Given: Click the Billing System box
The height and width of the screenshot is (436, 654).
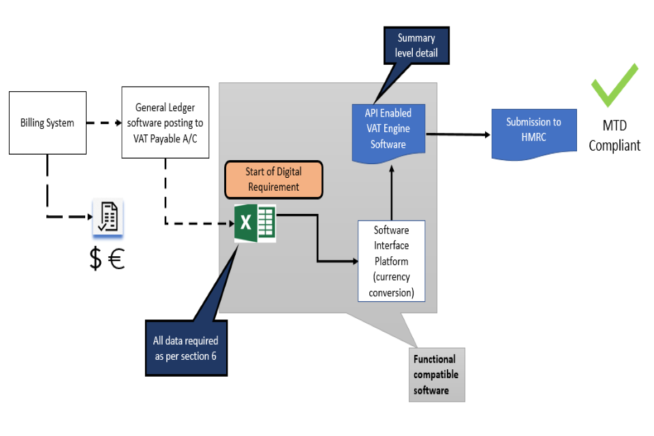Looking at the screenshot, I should pyautogui.click(x=47, y=123).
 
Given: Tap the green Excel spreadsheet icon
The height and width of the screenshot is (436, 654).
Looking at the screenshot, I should pyautogui.click(x=255, y=222).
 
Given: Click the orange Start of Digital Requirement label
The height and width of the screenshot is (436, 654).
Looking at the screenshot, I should pyautogui.click(x=273, y=180).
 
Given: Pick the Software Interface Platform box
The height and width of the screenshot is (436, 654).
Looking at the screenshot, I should pyautogui.click(x=391, y=261).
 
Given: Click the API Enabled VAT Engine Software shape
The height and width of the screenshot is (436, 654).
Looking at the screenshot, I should pyautogui.click(x=388, y=129).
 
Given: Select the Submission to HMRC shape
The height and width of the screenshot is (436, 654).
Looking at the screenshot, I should pyautogui.click(x=533, y=130).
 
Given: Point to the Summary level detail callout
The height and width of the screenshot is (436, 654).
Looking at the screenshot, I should pyautogui.click(x=416, y=46).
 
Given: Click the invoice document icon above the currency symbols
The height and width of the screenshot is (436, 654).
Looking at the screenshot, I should pyautogui.click(x=108, y=217).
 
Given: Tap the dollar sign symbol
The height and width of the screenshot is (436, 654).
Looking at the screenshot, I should pyautogui.click(x=96, y=260).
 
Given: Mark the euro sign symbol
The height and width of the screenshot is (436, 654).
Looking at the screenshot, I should pyautogui.click(x=117, y=260).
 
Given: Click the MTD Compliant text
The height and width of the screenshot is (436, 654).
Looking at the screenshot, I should pyautogui.click(x=614, y=135).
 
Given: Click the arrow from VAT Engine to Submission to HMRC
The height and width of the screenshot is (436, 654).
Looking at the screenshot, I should pyautogui.click(x=458, y=134).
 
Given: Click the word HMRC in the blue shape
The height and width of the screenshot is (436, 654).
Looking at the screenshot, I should pyautogui.click(x=533, y=137).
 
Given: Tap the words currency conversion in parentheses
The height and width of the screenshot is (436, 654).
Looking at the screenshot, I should pyautogui.click(x=391, y=287).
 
